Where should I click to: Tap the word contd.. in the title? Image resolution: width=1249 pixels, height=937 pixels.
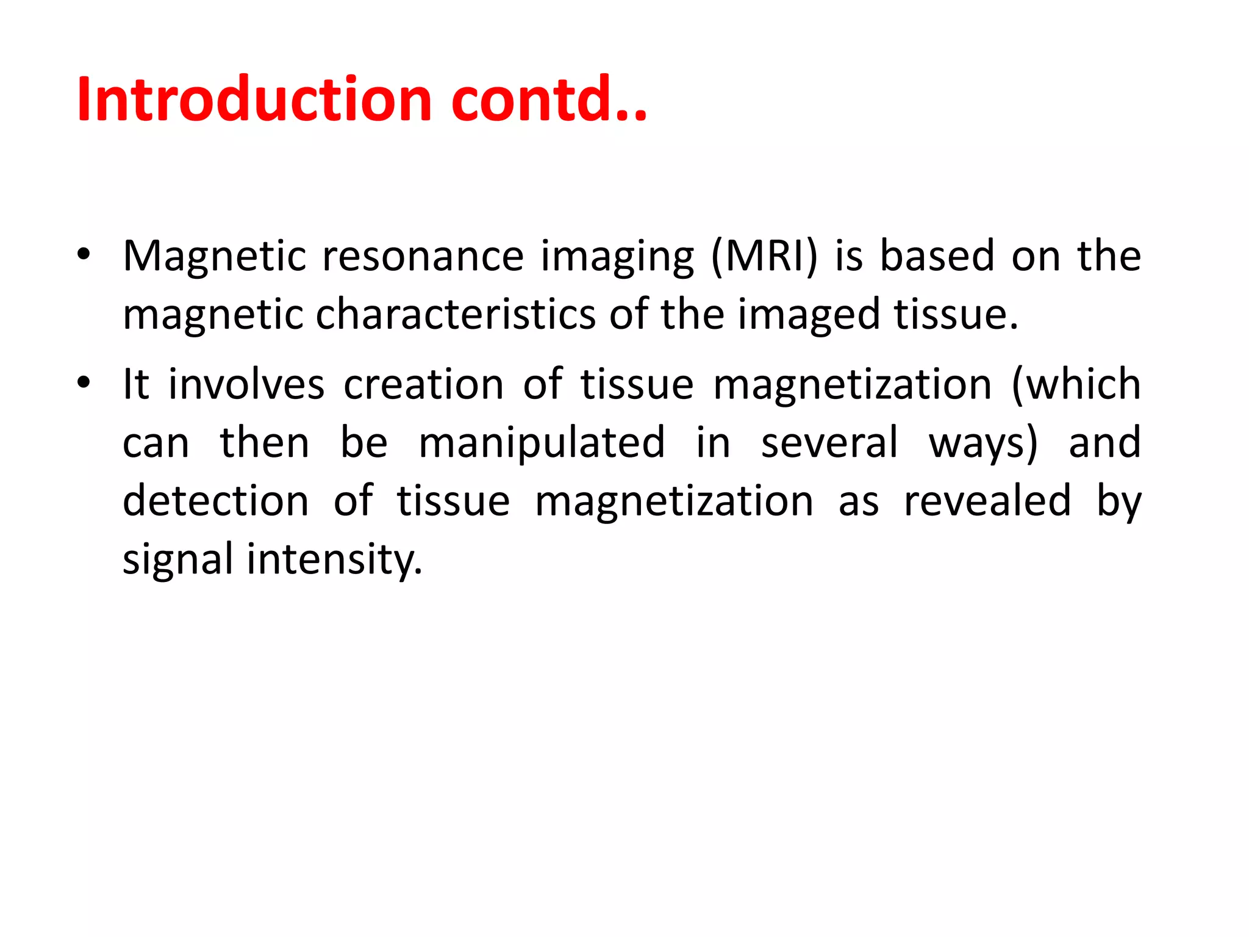pos(549,99)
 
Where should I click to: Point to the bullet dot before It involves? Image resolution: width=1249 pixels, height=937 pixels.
pos(84,383)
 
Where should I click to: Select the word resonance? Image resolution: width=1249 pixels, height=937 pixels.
pos(423,256)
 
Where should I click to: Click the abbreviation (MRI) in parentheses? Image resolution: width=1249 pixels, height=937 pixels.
pos(764,257)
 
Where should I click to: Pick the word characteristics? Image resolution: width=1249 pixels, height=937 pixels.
pos(456,314)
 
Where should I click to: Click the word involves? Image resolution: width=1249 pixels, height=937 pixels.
pos(246,384)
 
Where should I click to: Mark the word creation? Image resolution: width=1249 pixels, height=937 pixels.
pos(423,384)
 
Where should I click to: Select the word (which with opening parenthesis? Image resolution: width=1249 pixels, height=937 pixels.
pos(1076,384)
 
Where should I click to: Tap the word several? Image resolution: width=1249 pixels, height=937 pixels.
pos(829,442)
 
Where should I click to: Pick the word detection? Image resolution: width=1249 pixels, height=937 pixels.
pos(216,501)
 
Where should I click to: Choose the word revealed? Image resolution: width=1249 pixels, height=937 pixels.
pos(987,501)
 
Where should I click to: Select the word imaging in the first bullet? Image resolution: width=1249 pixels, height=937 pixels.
pos(617,257)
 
